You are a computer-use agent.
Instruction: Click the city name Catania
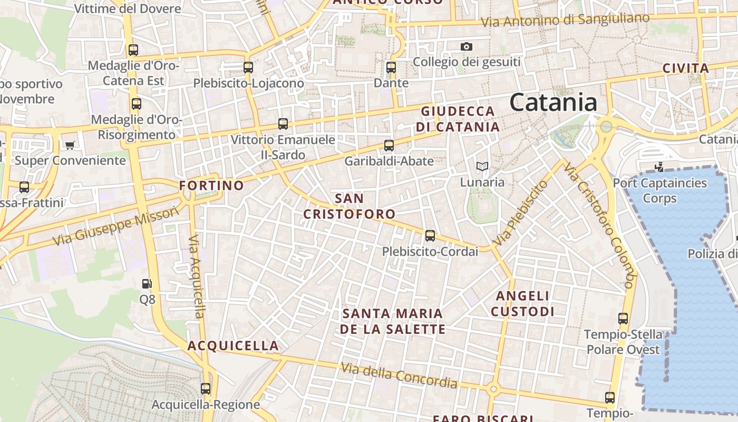coord(553,102)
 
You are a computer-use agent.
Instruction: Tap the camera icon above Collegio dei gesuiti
coord(466,47)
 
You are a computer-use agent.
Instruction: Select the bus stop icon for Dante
coord(391,68)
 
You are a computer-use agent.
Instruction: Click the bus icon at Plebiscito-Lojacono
coord(248,68)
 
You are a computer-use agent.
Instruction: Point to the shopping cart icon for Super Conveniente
coord(70,145)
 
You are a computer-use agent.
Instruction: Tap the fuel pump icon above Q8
coord(147,284)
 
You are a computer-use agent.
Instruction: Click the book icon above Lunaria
coord(482,167)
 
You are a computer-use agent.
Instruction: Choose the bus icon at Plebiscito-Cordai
coord(430,236)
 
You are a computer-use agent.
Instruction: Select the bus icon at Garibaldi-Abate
coord(389,146)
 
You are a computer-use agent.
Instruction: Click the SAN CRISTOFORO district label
coord(349,206)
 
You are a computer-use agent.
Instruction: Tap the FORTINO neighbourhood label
coord(211,186)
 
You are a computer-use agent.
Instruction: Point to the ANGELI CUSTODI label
coord(522,304)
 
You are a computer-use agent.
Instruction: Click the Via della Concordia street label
coord(399,375)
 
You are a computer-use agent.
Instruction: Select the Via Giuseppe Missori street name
coord(116,227)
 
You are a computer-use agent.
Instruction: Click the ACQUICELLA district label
coord(233,346)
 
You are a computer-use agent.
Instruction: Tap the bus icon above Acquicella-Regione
coord(206,389)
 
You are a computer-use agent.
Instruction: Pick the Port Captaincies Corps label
coord(659,191)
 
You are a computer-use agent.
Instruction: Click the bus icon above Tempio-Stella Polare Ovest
coord(623,319)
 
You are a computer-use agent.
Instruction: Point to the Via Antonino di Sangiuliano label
coord(566,20)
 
